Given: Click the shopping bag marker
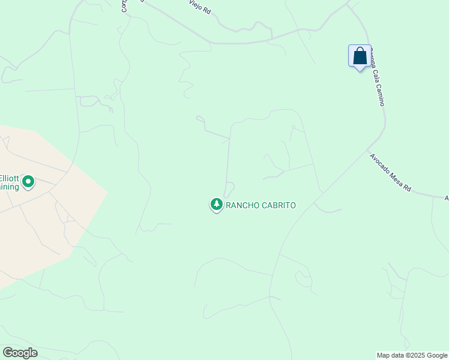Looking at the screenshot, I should tap(360, 56).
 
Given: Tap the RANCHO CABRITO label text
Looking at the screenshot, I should tap(261, 205).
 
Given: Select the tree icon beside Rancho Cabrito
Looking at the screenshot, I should tap(216, 205).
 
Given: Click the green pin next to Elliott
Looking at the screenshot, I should tap(28, 181).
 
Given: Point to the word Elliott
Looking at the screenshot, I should tap(8, 178).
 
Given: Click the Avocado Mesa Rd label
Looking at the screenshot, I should tap(390, 173).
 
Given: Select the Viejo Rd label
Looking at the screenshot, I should tap(199, 8).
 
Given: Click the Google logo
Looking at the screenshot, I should tap(20, 353).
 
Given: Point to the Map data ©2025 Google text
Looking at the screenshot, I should tap(411, 355).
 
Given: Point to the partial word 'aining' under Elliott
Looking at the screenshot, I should tap(8, 187).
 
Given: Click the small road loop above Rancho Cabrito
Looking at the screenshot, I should tap(229, 187).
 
